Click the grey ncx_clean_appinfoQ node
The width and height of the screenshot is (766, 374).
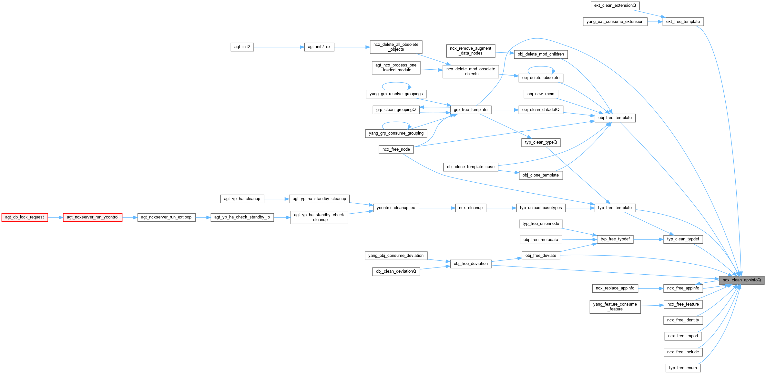click(741, 280)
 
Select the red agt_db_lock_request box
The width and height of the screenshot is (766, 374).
click(25, 217)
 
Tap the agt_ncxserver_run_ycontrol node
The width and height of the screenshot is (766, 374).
click(93, 217)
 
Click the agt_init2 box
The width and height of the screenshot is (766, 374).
click(242, 47)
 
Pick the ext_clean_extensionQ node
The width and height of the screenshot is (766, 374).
click(615, 5)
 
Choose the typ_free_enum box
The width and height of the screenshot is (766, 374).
click(683, 368)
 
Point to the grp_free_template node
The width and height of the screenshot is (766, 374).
click(470, 110)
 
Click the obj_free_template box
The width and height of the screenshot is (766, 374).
click(615, 118)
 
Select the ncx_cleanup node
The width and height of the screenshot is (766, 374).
click(471, 208)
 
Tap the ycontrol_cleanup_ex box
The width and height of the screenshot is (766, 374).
click(396, 208)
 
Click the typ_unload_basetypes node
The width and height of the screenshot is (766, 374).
click(541, 208)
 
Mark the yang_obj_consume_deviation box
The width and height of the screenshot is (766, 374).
click(396, 256)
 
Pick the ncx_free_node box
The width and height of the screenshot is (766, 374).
click(396, 149)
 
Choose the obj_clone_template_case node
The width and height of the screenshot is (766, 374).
click(471, 167)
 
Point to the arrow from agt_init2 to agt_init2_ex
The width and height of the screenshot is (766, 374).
click(279, 47)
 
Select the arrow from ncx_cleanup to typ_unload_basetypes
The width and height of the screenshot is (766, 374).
click(501, 208)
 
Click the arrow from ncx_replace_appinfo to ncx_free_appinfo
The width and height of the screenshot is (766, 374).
click(651, 288)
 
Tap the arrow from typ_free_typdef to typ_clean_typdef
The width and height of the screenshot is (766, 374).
click(648, 239)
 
